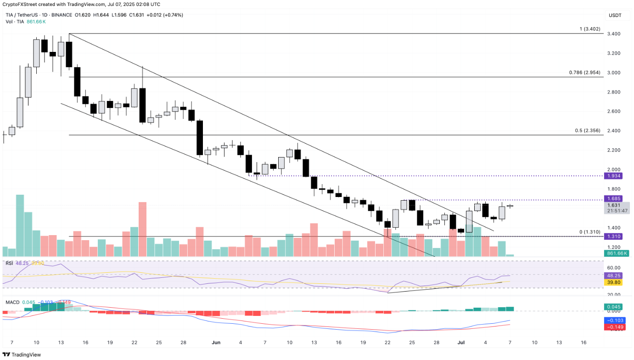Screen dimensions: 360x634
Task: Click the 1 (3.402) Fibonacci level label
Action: (590, 29)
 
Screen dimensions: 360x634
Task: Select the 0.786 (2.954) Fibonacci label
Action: (584, 73)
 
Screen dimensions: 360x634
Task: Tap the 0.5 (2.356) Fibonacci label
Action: (587, 130)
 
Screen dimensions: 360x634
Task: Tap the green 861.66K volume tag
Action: (617, 253)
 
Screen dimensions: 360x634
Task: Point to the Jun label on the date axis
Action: (216, 343)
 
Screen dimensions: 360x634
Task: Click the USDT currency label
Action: (615, 15)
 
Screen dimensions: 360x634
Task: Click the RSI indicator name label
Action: (9, 263)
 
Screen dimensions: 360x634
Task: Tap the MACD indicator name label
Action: (12, 302)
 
